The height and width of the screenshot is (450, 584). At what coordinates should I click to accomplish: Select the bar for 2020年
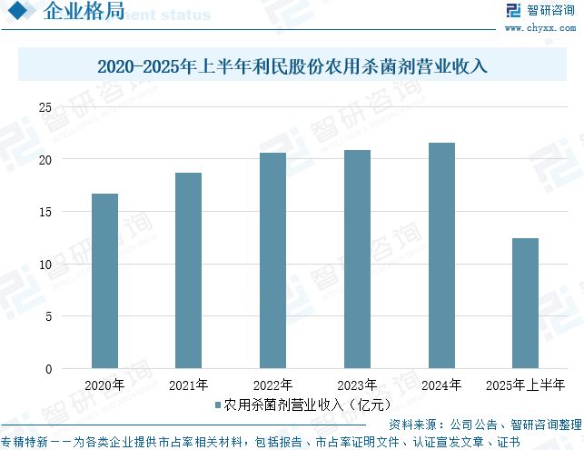pyautogui.click(x=104, y=281)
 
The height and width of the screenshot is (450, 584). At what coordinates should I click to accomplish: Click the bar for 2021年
pyautogui.click(x=188, y=271)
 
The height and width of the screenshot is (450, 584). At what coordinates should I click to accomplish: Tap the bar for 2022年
pyautogui.click(x=272, y=261)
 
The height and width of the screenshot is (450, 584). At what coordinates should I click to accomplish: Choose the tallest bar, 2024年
pyautogui.click(x=441, y=255)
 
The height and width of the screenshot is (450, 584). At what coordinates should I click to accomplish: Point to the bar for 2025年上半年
pyautogui.click(x=525, y=304)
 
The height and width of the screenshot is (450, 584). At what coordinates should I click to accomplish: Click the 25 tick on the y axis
pyautogui.click(x=45, y=107)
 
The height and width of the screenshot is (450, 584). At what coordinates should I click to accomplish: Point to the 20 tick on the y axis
pyautogui.click(x=45, y=160)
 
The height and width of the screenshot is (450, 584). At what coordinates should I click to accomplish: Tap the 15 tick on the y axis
pyautogui.click(x=45, y=212)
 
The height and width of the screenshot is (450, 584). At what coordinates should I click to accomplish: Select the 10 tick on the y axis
pyautogui.click(x=45, y=265)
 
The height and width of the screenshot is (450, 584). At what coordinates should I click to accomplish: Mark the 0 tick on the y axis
pyautogui.click(x=48, y=369)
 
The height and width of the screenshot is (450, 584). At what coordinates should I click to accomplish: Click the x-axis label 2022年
pyautogui.click(x=272, y=385)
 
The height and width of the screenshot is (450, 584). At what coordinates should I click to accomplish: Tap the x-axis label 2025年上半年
pyautogui.click(x=525, y=385)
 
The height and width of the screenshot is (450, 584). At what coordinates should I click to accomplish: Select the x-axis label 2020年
pyautogui.click(x=104, y=385)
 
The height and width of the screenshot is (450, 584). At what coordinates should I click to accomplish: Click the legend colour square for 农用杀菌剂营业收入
pyautogui.click(x=218, y=405)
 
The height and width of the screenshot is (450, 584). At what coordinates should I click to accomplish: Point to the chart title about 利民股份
pyautogui.click(x=292, y=66)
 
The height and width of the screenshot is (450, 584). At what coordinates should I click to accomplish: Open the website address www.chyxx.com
pyautogui.click(x=541, y=27)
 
